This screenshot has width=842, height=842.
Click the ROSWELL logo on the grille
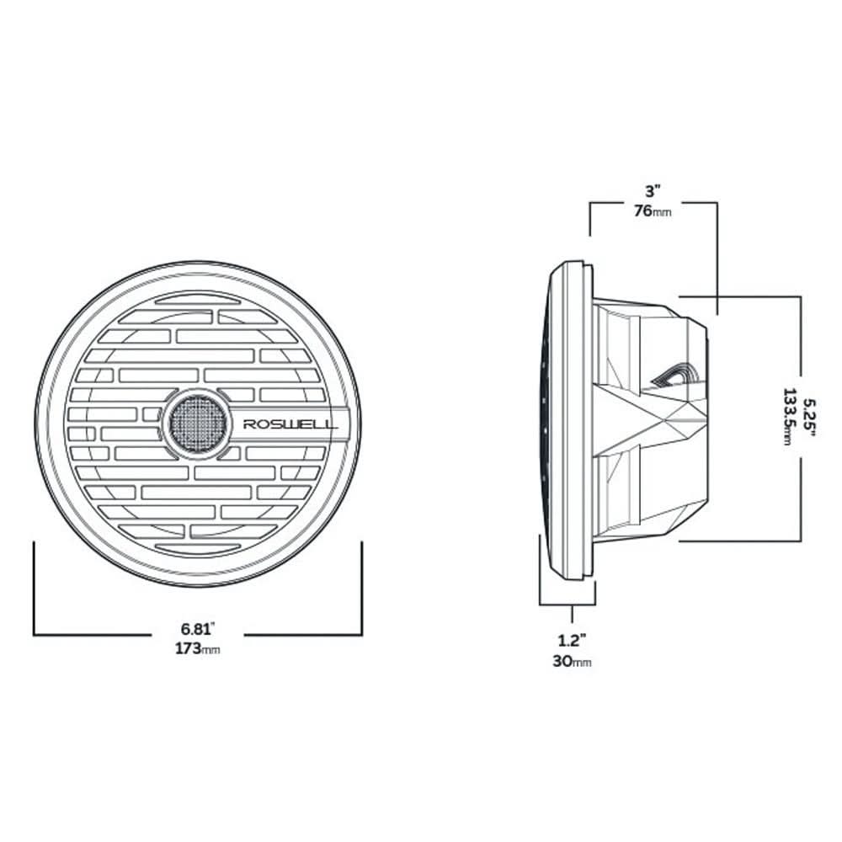point(290,424)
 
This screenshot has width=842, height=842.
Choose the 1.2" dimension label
point(572,640)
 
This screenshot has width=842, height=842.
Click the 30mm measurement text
point(572,662)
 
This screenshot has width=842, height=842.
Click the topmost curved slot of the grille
point(197,299)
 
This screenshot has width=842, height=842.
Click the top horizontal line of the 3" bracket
point(653,202)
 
